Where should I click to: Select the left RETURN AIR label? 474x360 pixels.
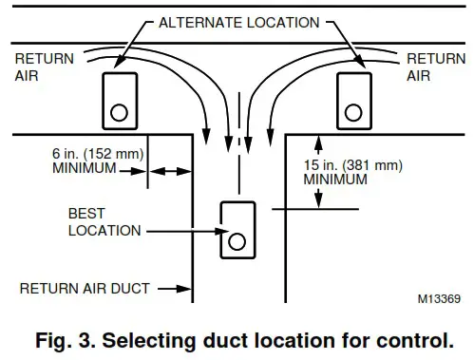click(x=38, y=66)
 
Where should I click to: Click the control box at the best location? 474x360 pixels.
click(x=236, y=229)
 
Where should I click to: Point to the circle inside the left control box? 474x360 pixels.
click(x=119, y=111)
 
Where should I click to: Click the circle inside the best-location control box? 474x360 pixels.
click(x=236, y=241)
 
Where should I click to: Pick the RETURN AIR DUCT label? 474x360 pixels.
click(x=85, y=288)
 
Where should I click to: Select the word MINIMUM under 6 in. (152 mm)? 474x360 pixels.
click(x=81, y=169)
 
